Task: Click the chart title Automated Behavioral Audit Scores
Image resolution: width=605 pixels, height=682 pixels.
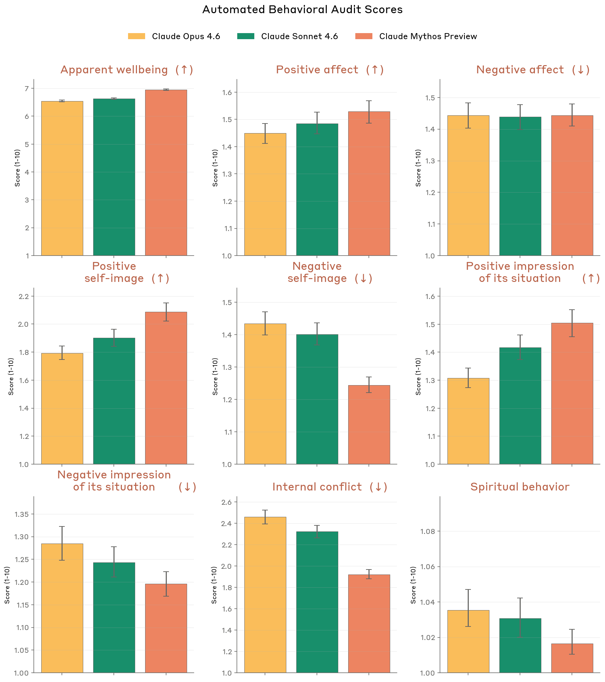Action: click(x=302, y=10)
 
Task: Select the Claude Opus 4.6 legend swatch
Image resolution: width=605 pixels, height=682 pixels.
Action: click(x=137, y=36)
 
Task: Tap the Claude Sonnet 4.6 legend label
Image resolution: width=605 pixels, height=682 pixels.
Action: click(x=299, y=36)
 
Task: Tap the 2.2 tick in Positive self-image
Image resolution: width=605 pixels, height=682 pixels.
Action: click(x=24, y=296)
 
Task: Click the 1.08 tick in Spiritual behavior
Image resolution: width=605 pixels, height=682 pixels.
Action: click(x=428, y=531)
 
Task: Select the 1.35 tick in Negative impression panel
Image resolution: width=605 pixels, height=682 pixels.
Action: click(x=22, y=514)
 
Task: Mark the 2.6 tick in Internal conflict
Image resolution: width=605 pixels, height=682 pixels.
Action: click(x=227, y=502)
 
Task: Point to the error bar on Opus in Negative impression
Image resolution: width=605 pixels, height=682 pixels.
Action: click(x=62, y=543)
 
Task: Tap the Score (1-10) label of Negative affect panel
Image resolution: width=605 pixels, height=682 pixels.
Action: click(x=418, y=168)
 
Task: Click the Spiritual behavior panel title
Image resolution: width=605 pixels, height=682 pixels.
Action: click(x=520, y=487)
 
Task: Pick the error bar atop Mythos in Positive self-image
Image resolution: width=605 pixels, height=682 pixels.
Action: click(x=166, y=312)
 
